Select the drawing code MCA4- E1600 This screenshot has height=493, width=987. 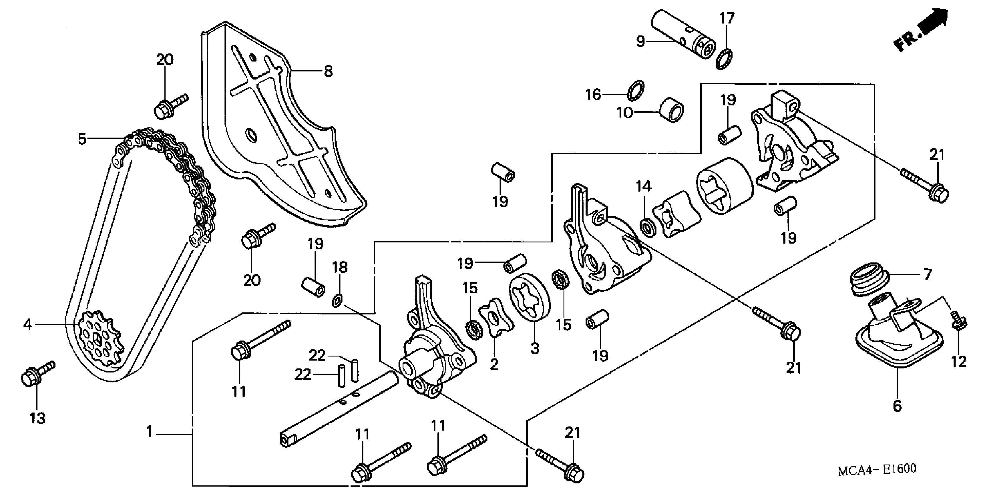click(x=877, y=469)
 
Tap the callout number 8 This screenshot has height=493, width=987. click(x=328, y=71)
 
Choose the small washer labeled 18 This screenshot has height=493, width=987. click(x=336, y=301)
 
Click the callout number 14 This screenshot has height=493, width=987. click(x=644, y=186)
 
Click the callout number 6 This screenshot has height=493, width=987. click(x=897, y=406)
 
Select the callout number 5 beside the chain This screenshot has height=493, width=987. click(x=82, y=139)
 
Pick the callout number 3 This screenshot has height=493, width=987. click(x=534, y=348)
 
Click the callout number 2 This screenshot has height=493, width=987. click(x=494, y=365)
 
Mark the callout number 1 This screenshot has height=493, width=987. click(x=149, y=432)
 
